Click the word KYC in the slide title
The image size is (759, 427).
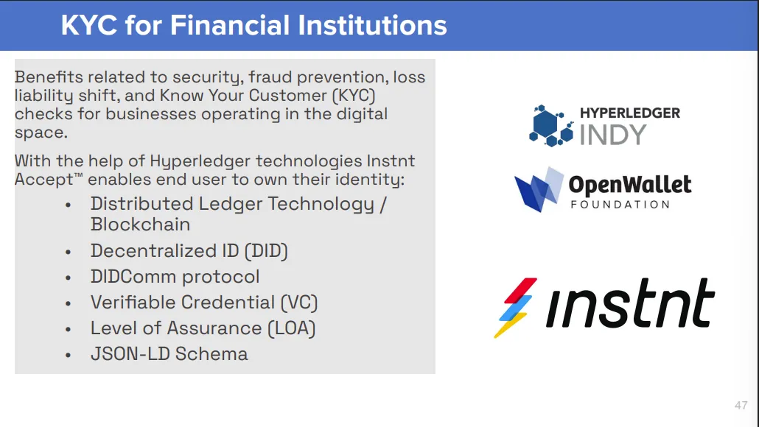tap(89, 24)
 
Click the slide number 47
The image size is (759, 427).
tap(741, 405)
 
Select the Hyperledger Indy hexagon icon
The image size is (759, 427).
tap(551, 126)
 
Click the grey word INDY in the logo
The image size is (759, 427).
tap(613, 135)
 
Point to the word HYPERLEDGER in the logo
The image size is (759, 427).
tap(630, 113)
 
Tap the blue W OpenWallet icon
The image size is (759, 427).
tap(539, 189)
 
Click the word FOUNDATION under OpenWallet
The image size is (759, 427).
tap(620, 205)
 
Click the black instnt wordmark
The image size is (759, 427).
tap(630, 303)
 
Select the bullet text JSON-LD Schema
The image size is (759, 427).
tap(169, 354)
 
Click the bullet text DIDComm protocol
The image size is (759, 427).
tap(175, 277)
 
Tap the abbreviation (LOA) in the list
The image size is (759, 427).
tap(291, 328)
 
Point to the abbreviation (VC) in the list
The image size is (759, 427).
tap(299, 303)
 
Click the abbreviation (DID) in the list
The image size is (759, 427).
tap(266, 251)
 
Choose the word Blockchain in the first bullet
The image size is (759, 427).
tap(140, 225)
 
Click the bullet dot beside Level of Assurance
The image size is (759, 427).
tap(69, 329)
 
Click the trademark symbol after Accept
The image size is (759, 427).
tap(78, 175)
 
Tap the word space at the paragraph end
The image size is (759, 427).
tap(41, 133)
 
